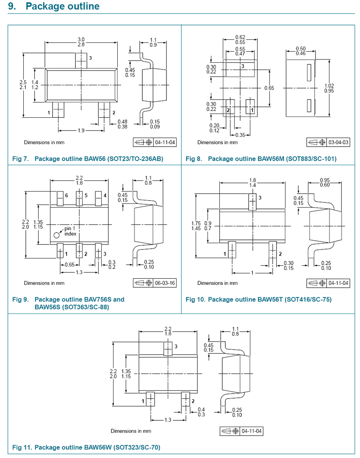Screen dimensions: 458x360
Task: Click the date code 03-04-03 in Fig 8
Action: point(338,142)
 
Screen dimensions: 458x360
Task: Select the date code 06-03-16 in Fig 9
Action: point(165,283)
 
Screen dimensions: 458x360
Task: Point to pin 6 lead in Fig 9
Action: point(60,197)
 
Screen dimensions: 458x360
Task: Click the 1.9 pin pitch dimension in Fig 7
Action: point(80,130)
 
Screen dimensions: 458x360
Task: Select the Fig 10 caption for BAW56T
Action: point(258,300)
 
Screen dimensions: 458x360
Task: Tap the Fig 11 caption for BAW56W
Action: point(86,447)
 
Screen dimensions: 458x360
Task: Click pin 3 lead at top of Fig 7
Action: point(80,60)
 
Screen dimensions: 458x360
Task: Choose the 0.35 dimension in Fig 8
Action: point(240,135)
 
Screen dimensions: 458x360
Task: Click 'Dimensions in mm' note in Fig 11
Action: point(131,431)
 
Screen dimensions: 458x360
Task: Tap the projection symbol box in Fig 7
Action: point(143,142)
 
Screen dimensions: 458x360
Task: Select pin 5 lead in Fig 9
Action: point(79,197)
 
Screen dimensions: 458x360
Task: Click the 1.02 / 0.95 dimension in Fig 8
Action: point(329,88)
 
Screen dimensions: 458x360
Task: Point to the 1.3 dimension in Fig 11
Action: point(168,419)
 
